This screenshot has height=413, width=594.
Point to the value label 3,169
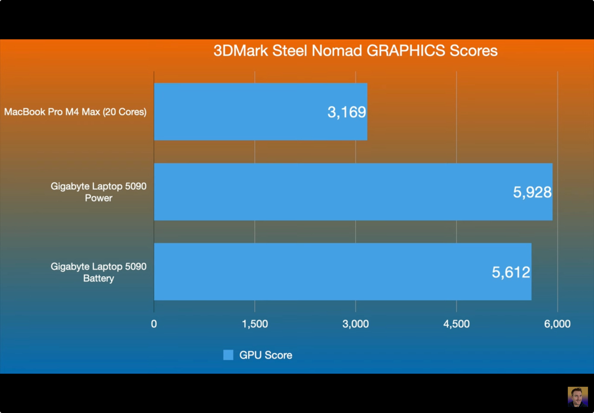click(347, 112)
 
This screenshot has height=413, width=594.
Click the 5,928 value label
click(532, 192)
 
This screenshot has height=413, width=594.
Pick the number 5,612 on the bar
click(511, 272)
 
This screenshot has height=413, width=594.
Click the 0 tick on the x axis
click(154, 324)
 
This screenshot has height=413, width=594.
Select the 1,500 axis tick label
click(255, 324)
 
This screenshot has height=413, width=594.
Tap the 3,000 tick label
click(356, 324)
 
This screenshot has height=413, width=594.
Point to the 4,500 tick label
click(456, 324)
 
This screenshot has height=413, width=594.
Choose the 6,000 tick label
click(557, 324)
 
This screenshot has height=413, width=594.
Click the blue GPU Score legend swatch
click(228, 355)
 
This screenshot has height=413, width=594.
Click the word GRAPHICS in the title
click(406, 51)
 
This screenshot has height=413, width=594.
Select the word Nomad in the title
click(337, 51)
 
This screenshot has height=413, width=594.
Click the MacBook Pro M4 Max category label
click(75, 112)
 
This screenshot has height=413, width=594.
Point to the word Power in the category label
click(99, 198)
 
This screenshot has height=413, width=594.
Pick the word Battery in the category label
click(99, 278)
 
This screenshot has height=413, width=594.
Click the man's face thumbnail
click(578, 397)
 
